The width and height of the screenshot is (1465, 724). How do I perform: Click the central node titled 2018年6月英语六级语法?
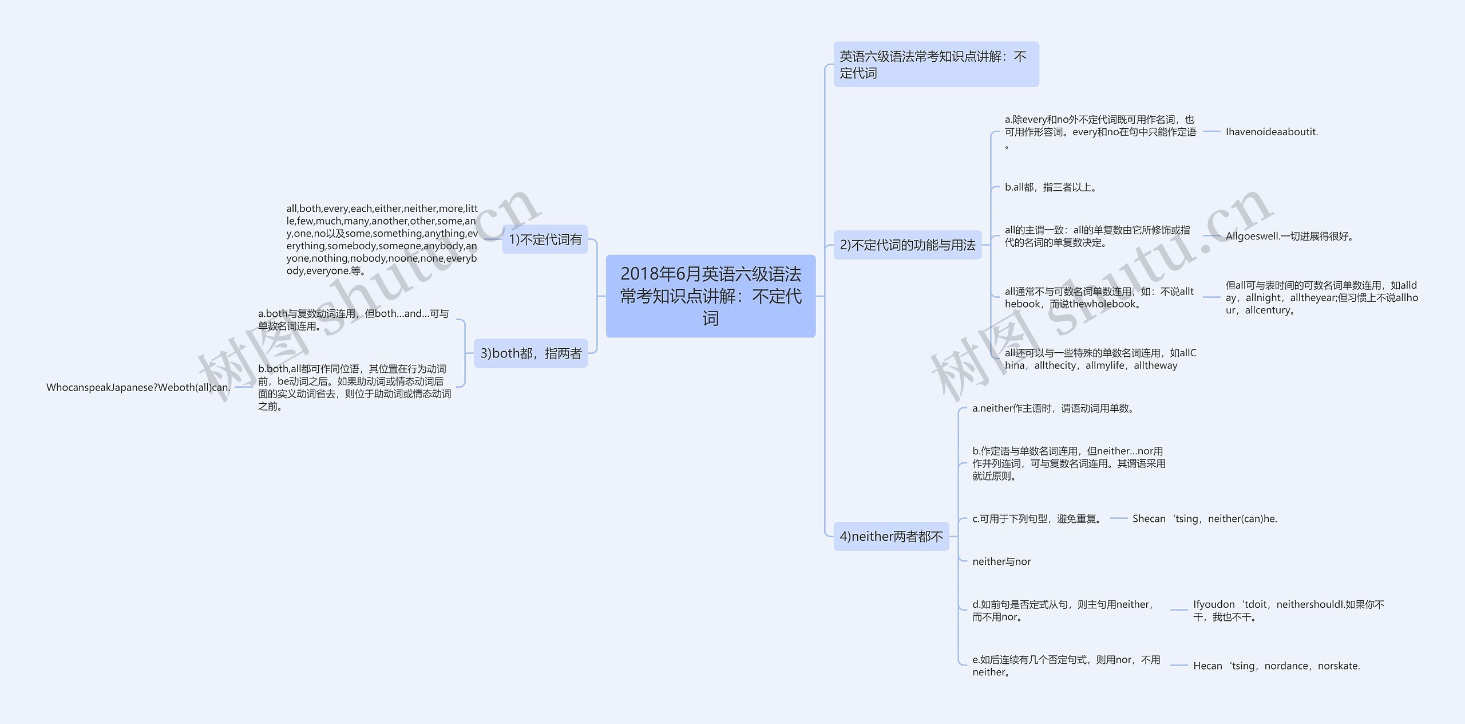(x=710, y=296)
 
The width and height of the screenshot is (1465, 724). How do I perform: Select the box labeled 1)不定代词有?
(x=545, y=239)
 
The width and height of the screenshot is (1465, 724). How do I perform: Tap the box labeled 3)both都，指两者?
(x=530, y=353)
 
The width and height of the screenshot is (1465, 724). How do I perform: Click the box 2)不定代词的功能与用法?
(x=907, y=245)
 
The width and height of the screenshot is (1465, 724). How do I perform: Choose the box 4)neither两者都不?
(x=891, y=537)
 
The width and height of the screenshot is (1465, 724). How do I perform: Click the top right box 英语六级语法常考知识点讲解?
(x=936, y=64)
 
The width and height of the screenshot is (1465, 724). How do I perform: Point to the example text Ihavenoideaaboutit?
(x=1272, y=132)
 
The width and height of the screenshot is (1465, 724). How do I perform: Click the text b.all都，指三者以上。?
(x=1050, y=187)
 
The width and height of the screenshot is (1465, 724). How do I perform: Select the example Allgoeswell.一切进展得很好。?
(x=1290, y=236)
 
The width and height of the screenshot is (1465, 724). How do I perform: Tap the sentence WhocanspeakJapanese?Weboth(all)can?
(x=138, y=387)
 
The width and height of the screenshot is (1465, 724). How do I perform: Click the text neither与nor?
(x=1001, y=562)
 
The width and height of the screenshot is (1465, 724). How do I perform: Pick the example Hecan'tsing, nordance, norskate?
(x=1276, y=666)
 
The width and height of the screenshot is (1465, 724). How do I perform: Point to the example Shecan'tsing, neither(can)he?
(x=1205, y=519)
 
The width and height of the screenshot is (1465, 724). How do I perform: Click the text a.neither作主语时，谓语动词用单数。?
(x=1053, y=408)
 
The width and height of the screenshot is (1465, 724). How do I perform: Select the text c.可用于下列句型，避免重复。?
(x=1038, y=519)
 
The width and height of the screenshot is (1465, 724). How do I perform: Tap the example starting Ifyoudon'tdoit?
(x=1288, y=611)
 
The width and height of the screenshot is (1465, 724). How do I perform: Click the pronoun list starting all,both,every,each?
(x=382, y=239)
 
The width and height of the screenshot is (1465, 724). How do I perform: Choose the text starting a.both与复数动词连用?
(x=353, y=320)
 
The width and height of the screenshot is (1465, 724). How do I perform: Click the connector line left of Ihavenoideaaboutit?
(x=1211, y=132)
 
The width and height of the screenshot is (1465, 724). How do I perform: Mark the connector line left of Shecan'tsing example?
(x=1118, y=519)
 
